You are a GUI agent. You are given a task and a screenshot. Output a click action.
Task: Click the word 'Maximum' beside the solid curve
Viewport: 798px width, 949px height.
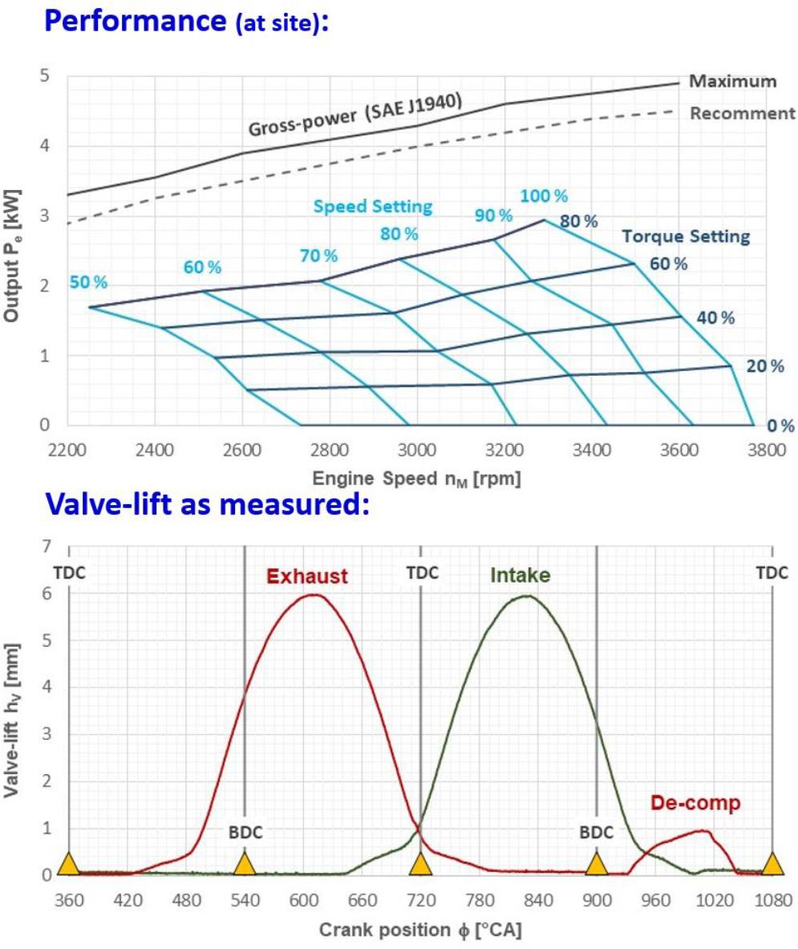[x=733, y=81]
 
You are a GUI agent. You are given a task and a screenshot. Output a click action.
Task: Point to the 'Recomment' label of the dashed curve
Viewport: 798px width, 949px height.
[x=743, y=113]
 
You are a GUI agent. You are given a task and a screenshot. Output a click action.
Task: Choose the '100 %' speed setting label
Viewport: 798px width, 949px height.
[x=544, y=196]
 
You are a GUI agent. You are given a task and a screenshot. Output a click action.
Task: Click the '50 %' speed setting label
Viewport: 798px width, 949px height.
[x=88, y=282]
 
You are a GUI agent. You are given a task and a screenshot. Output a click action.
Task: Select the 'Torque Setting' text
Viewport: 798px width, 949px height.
[x=687, y=236]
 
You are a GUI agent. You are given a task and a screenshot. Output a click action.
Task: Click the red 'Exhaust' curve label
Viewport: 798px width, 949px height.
[x=307, y=575]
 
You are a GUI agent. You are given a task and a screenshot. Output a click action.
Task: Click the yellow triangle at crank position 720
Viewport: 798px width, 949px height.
[x=420, y=864]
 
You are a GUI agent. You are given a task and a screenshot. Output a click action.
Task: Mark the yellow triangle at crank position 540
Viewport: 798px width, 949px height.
[x=245, y=864]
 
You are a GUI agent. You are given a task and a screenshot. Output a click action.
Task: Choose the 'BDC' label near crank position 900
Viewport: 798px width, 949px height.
[x=597, y=833]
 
